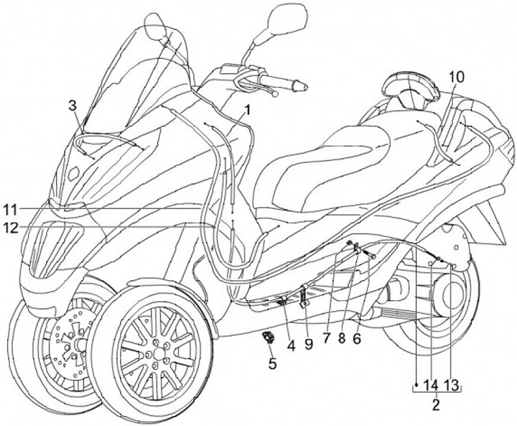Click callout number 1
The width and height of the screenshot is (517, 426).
click(x=246, y=111)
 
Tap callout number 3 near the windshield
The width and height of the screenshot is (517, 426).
click(x=73, y=106)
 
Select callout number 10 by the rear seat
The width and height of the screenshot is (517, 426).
click(x=457, y=76)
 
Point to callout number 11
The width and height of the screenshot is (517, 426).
click(x=9, y=210)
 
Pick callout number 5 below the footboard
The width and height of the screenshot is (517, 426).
click(x=272, y=364)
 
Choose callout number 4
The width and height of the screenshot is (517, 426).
click(x=291, y=345)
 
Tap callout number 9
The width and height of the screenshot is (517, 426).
click(x=309, y=345)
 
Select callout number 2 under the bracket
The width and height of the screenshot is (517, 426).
click(x=434, y=404)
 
